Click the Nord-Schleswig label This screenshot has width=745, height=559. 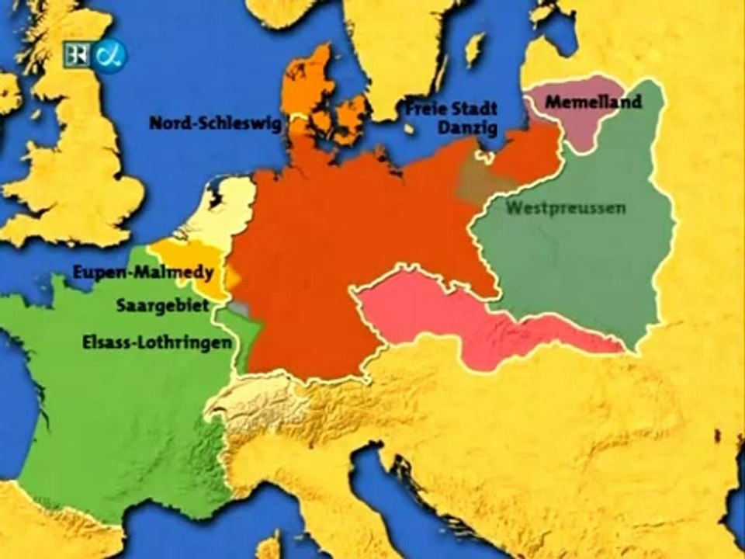click(215, 123)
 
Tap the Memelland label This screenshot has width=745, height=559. click(594, 102)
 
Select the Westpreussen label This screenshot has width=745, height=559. click(566, 208)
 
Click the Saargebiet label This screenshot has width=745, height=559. click(162, 306)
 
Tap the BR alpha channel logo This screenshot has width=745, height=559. click(95, 55)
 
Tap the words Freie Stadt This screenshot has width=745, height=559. click(452, 109)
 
